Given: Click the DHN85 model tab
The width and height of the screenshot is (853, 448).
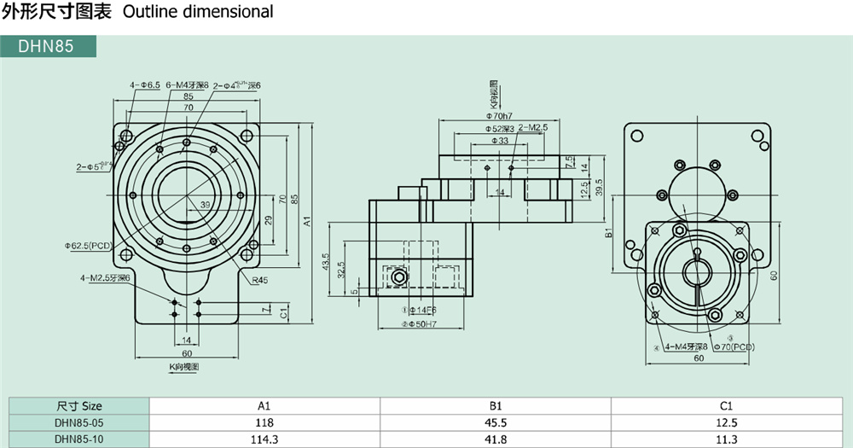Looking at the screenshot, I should (x=47, y=46).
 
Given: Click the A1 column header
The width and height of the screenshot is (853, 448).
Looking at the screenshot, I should (x=264, y=406).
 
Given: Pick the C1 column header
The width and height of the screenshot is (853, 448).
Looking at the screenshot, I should (x=727, y=406).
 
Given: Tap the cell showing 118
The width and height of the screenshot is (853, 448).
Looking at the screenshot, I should (x=264, y=422).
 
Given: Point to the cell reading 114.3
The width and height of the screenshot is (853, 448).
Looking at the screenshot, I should (x=264, y=439).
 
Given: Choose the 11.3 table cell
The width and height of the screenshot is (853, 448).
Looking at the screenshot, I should (x=727, y=439).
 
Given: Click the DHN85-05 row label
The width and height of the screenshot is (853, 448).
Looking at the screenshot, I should (x=78, y=422).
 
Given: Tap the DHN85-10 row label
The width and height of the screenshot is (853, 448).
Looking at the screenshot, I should (x=78, y=439).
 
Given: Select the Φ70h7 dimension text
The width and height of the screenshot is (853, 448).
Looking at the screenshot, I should (x=499, y=115).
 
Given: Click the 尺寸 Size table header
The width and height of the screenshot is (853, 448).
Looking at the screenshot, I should (x=78, y=406).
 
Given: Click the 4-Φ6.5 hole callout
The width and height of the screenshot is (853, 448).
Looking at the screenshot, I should (x=145, y=85).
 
